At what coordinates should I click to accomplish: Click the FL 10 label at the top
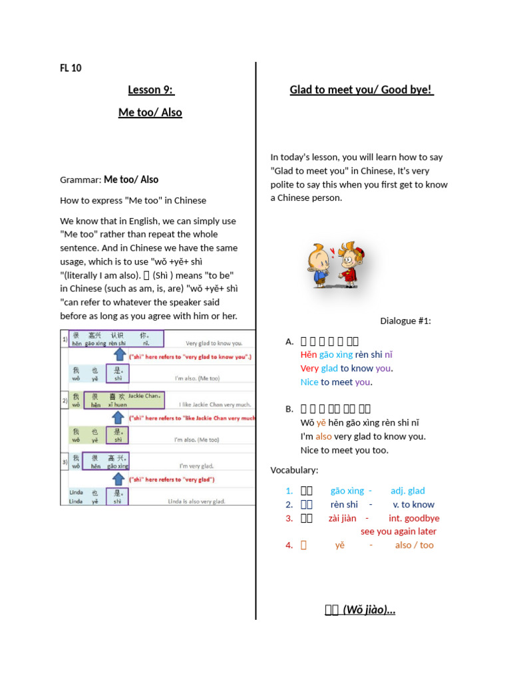[x=71, y=68]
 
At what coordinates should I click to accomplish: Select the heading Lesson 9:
[x=150, y=90]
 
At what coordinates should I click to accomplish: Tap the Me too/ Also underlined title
[x=150, y=112]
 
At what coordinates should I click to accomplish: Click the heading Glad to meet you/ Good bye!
[x=361, y=90]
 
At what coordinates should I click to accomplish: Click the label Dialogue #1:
[x=405, y=321]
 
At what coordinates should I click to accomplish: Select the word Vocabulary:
[x=294, y=470]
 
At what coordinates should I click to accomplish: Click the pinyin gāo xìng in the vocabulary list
[x=347, y=491]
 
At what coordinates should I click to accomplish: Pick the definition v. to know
[x=413, y=505]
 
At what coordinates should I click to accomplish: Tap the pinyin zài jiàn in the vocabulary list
[x=342, y=518]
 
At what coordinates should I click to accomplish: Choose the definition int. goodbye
[x=414, y=518]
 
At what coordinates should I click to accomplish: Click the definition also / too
[x=414, y=545]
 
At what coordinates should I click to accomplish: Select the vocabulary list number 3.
[x=289, y=518]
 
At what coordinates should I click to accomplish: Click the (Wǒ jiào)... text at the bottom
[x=369, y=610]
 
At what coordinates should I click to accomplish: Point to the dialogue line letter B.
[x=289, y=409]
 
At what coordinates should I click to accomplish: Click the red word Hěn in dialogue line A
[x=308, y=354]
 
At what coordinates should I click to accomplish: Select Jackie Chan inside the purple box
[x=144, y=396]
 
